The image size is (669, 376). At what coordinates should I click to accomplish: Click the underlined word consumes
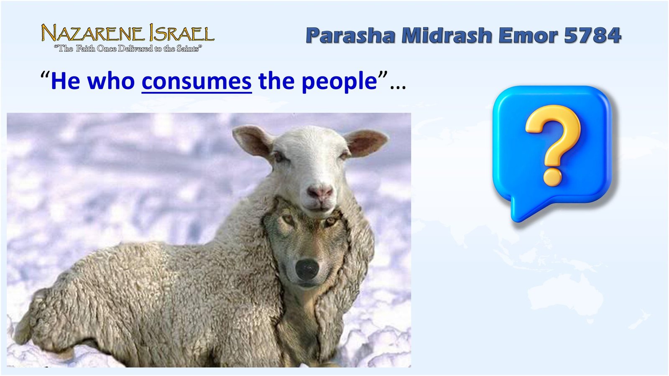point(197,81)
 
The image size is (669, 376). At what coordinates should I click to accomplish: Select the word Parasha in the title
point(350,35)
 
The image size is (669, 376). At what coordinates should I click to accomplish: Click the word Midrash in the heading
point(447,35)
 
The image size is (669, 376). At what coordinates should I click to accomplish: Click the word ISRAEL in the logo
point(182,33)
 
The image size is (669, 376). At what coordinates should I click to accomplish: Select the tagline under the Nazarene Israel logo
point(128,49)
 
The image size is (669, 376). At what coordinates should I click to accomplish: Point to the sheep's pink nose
point(320,192)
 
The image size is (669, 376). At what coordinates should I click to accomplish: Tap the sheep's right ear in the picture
point(366,141)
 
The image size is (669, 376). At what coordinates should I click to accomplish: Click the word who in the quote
point(111,81)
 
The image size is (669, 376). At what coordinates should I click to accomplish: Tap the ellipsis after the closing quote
point(398,86)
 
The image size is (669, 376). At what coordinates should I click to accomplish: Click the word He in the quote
point(65,81)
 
